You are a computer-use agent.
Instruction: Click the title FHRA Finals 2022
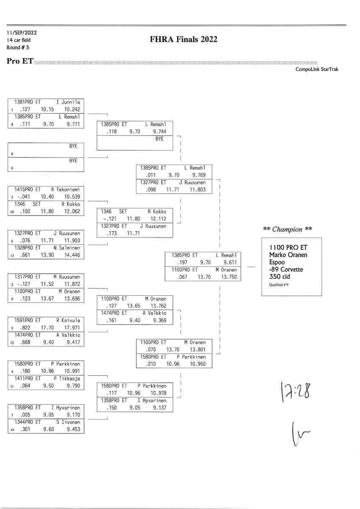click(x=183, y=39)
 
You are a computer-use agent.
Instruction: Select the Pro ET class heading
click(x=20, y=61)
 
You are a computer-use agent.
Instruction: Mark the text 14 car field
click(x=18, y=40)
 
